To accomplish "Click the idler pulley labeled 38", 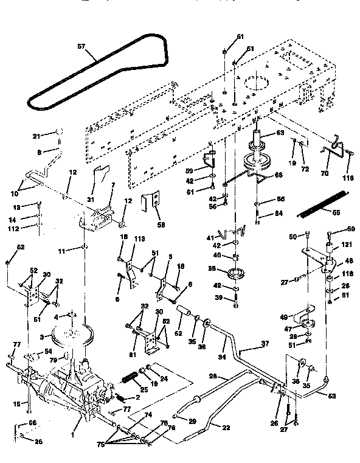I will (234, 271).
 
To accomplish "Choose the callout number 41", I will (210, 237).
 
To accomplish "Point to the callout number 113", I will (140, 238).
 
